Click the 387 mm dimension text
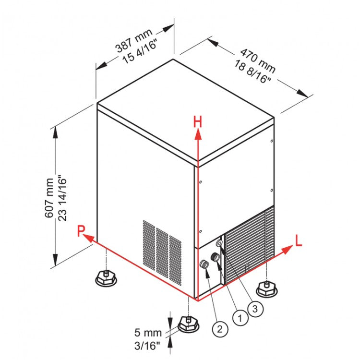pyautogui.click(x=133, y=40)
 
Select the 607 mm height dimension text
pyautogui.click(x=49, y=197)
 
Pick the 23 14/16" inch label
pyautogui.click(x=61, y=198)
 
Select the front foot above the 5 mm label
pyautogui.click(x=188, y=324)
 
